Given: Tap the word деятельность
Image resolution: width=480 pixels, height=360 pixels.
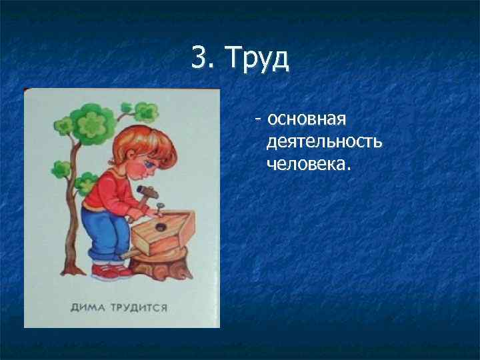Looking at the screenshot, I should [x=324, y=142].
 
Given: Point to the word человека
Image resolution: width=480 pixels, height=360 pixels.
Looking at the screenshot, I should [x=307, y=163].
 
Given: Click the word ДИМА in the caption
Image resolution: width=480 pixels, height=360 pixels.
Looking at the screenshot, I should [x=89, y=308].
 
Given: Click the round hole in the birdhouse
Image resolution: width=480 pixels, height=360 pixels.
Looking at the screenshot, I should [x=161, y=227].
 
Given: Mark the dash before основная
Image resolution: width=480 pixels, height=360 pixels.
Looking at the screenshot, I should [x=257, y=121].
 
